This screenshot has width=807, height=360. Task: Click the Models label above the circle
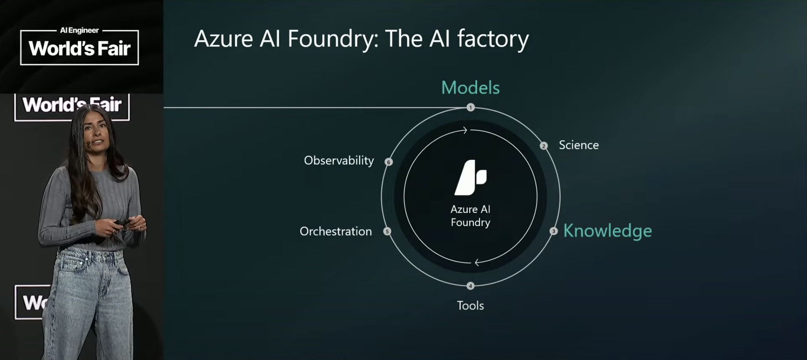470,88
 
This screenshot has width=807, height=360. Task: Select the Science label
579,145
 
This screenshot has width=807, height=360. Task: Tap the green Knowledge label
608,231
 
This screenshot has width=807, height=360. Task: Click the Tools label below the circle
470,306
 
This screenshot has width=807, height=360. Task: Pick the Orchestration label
336,231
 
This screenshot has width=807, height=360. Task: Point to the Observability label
339,161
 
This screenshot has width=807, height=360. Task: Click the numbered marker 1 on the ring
470,107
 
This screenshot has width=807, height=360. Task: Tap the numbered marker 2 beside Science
544,146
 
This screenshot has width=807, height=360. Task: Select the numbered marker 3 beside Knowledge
553,231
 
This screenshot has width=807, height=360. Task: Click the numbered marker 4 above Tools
470,286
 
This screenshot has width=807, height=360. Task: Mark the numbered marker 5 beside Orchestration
387,231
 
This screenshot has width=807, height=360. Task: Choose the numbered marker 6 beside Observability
389,162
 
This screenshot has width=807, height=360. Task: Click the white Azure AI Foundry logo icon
470,178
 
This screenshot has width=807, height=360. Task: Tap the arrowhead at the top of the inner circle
464,130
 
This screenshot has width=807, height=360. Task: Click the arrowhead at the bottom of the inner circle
477,262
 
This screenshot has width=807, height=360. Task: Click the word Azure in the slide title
223,39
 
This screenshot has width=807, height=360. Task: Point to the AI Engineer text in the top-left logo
79,30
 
